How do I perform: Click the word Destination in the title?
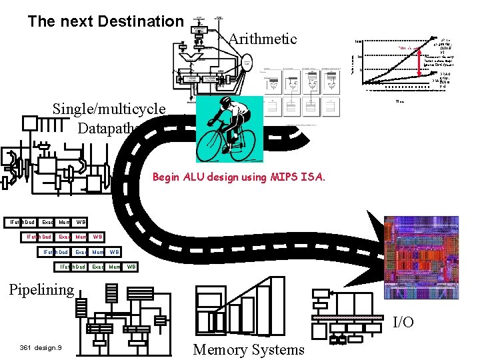click(x=140, y=21)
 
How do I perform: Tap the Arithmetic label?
click(x=262, y=39)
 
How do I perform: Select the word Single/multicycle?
click(x=109, y=108)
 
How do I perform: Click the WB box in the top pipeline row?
click(x=80, y=222)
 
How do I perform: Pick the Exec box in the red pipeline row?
click(x=64, y=237)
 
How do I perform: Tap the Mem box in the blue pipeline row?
click(x=97, y=252)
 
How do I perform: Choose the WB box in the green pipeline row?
click(x=131, y=267)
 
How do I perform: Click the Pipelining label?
click(x=41, y=289)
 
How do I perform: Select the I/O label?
click(x=403, y=322)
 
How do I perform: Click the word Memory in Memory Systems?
click(x=219, y=349)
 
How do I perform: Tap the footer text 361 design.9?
click(x=41, y=348)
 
